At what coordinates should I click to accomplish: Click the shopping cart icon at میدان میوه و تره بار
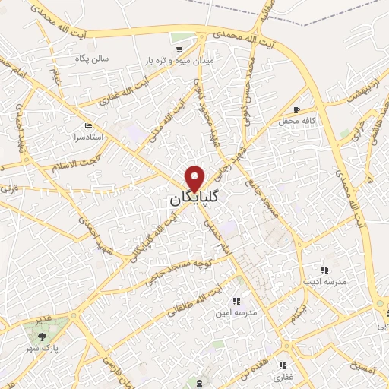point(179,49)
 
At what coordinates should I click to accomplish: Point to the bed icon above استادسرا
point(88,125)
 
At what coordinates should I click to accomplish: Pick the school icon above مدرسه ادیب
point(324,270)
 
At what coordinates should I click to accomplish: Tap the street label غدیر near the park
point(46,319)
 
